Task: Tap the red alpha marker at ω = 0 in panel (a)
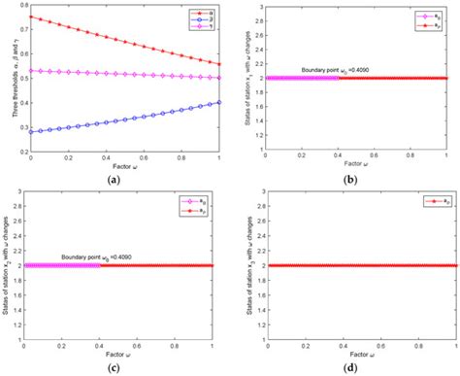click(x=31, y=17)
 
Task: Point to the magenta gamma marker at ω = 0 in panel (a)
click(x=31, y=70)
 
